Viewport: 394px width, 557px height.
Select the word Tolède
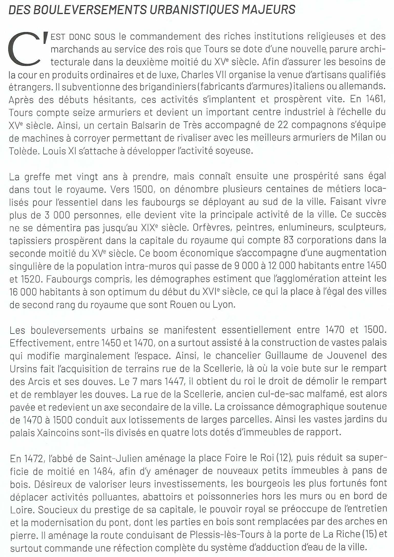click(x=24, y=151)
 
